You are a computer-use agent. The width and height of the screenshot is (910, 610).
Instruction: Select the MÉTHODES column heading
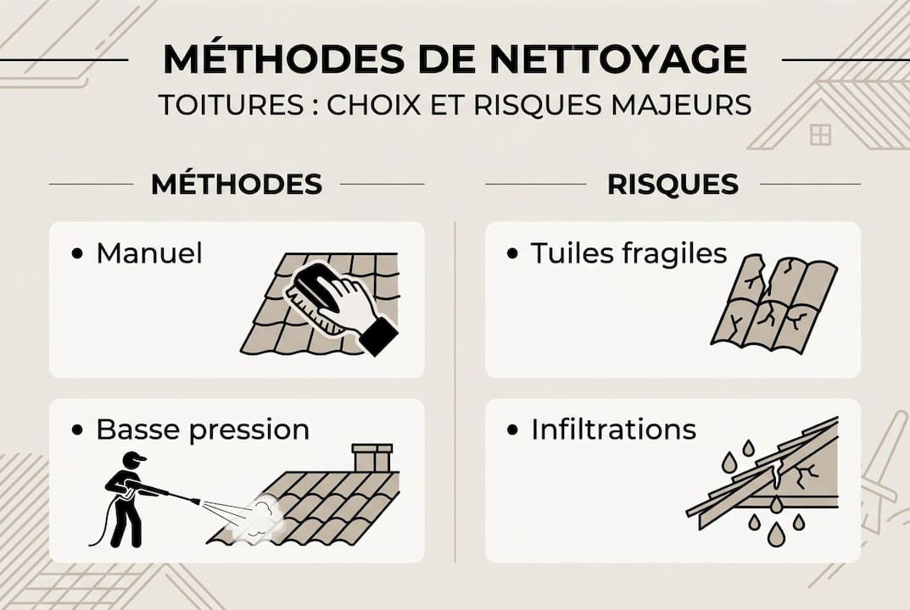[237, 184]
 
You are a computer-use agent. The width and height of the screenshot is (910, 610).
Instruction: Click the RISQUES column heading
[673, 184]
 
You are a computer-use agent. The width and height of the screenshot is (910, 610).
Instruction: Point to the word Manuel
[149, 253]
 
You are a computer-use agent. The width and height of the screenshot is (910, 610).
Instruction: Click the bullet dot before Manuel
[79, 253]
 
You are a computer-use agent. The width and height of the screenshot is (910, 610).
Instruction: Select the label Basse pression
[203, 430]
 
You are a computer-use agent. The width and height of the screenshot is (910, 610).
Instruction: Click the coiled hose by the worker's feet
[98, 530]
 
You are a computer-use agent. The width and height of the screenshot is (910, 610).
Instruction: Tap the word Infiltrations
[613, 430]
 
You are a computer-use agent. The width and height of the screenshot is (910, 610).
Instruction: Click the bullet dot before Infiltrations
[512, 430]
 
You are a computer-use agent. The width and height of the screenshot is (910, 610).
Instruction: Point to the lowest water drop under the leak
[776, 534]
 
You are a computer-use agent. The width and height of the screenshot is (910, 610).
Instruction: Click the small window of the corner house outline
[820, 134]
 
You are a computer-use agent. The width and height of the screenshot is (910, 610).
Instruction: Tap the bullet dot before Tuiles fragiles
[512, 253]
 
